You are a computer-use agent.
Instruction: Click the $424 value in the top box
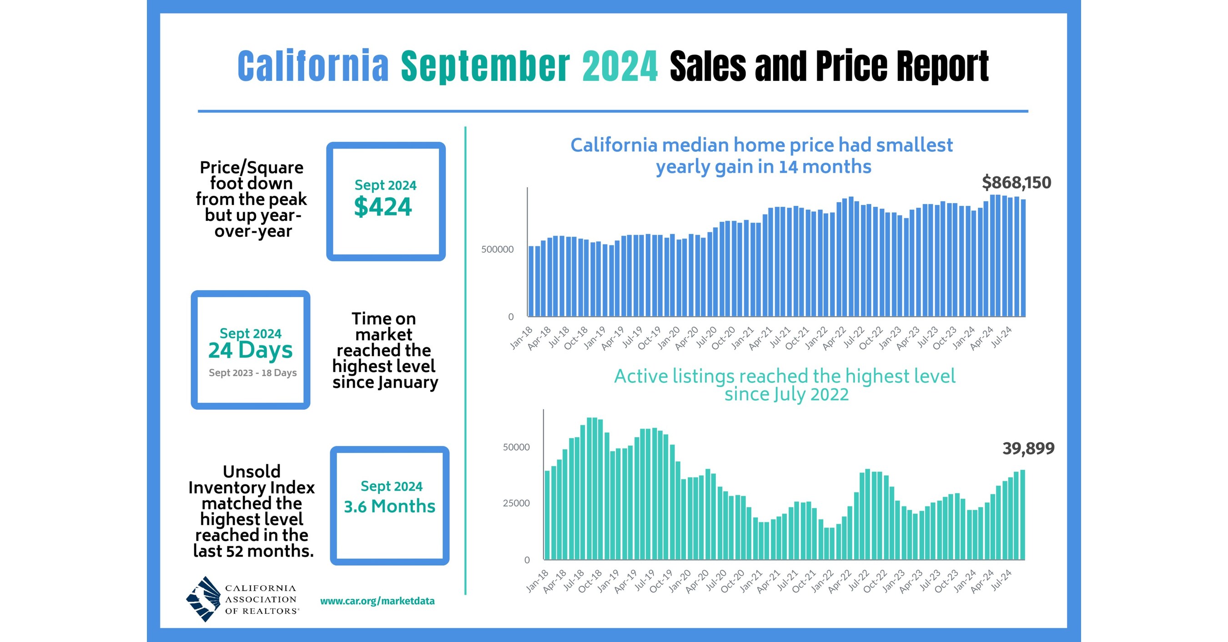click(x=383, y=207)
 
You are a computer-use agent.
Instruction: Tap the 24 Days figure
click(x=250, y=350)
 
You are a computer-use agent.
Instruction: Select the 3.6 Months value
click(x=389, y=506)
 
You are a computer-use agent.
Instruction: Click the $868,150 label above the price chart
click(x=1017, y=182)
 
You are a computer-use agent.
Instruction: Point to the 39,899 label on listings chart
click(x=1028, y=448)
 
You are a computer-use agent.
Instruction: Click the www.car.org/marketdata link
click(x=377, y=601)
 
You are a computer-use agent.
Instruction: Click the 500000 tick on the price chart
click(x=497, y=249)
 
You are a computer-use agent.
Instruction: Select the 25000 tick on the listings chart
click(x=516, y=503)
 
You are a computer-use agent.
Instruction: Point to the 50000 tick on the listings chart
click(x=516, y=447)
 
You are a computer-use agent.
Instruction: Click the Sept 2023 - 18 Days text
click(x=253, y=373)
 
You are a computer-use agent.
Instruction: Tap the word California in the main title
click(x=313, y=66)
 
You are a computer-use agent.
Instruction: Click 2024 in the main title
click(x=620, y=66)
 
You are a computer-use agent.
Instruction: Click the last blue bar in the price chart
click(x=1023, y=257)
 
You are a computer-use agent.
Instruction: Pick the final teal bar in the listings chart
click(x=1022, y=514)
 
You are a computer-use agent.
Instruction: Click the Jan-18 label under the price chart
click(x=521, y=338)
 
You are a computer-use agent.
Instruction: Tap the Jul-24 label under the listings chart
click(x=1002, y=580)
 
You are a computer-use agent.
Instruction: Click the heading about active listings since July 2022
click(x=785, y=385)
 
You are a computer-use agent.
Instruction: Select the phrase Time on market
click(x=384, y=326)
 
